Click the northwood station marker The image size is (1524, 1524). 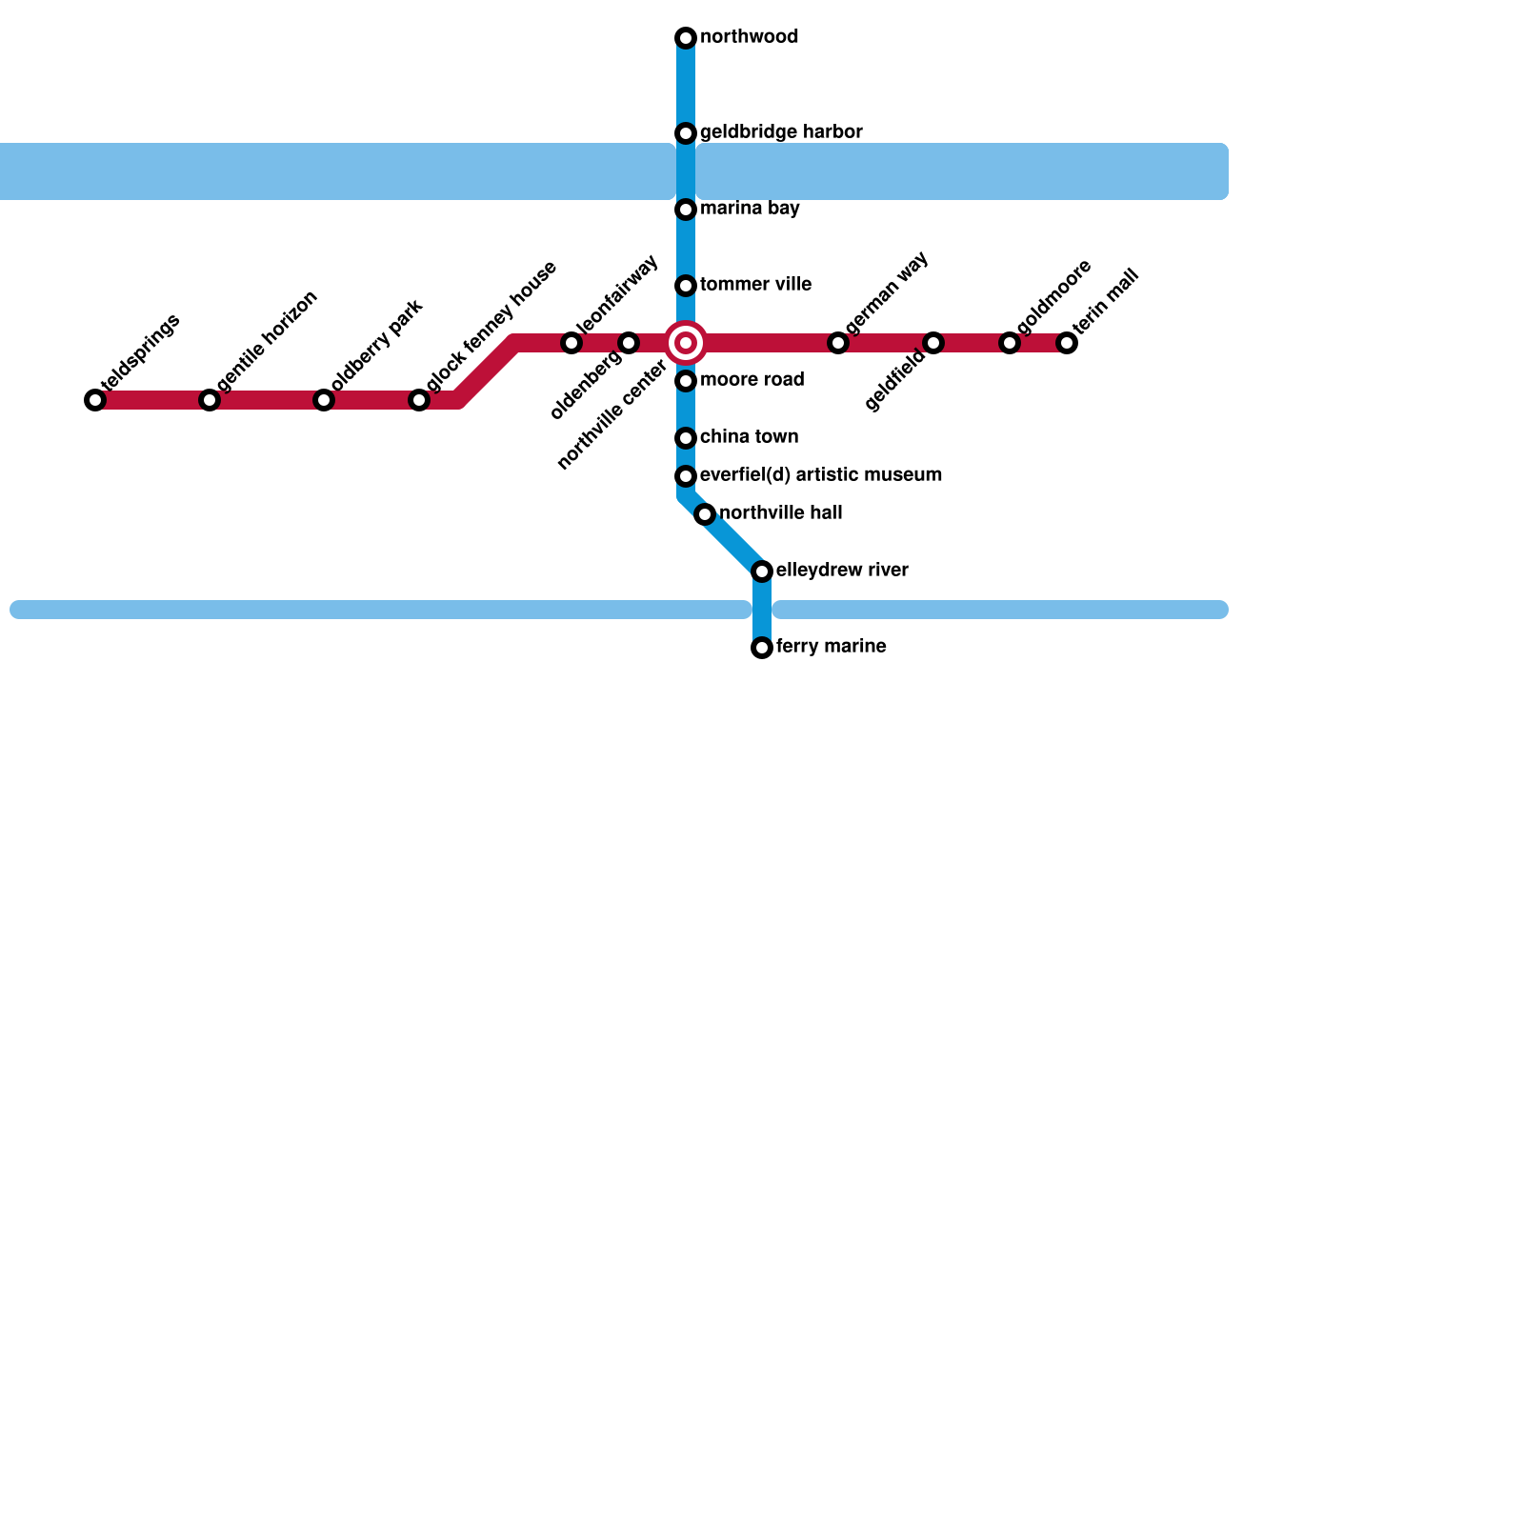tap(686, 38)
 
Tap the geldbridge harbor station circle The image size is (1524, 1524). tap(686, 133)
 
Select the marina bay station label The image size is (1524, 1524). tap(750, 209)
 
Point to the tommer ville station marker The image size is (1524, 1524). tap(686, 286)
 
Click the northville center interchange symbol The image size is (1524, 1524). tap(686, 343)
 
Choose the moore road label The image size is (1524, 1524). tap(752, 380)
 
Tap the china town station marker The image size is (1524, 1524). tap(686, 438)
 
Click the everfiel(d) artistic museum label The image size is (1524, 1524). tap(820, 475)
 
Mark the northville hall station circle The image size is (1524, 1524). tap(705, 514)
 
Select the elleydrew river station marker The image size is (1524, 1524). tap(762, 571)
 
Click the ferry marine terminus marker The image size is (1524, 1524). tap(762, 648)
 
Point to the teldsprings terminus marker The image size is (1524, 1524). tap(95, 400)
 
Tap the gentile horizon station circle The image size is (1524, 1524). tap(210, 400)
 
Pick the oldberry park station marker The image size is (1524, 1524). tap(324, 400)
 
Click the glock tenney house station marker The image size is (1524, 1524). tap(419, 400)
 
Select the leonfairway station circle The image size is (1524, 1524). tap(571, 343)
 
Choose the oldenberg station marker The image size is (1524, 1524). tap(629, 343)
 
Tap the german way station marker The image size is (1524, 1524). tap(838, 343)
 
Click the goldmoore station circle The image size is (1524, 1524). tap(1010, 343)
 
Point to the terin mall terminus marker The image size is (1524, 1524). tap(1067, 343)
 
